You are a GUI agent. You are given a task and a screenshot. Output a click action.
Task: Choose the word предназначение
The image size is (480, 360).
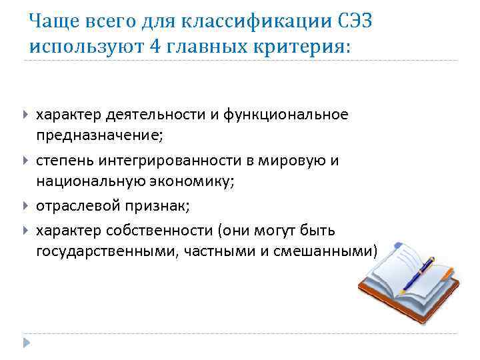[x=99, y=135]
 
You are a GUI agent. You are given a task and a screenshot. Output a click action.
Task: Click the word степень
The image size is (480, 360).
[x=65, y=161]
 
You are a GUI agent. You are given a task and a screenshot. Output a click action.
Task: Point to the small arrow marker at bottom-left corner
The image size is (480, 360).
[x=27, y=344]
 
